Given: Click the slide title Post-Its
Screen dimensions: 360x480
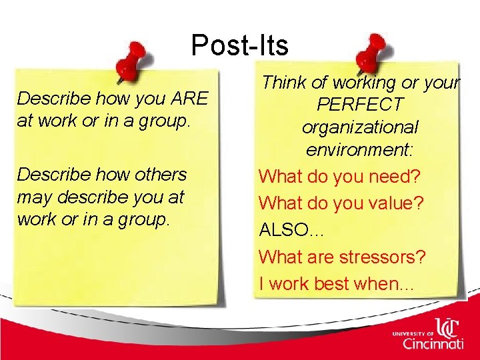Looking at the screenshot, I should click(239, 45).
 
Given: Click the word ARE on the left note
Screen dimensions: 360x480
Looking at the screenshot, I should click(190, 99).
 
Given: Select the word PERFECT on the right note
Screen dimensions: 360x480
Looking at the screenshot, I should click(360, 105).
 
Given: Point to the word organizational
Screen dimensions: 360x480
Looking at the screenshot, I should click(360, 127).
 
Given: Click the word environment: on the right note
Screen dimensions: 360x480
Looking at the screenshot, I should click(360, 150).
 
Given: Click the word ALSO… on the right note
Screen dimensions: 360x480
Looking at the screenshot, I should click(292, 230).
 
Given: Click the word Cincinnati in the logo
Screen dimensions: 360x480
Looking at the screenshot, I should click(433, 343).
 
